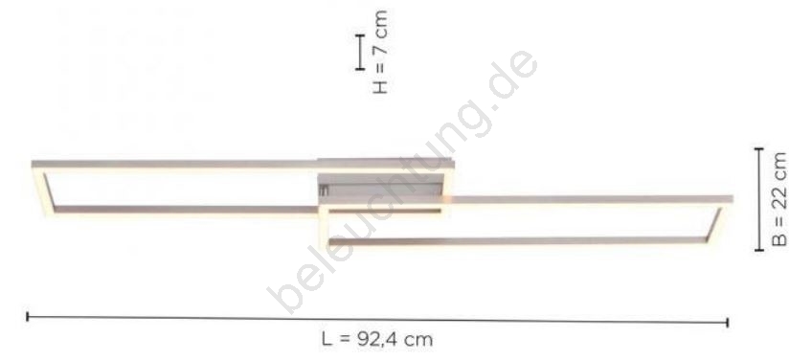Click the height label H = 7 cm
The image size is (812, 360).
(x=380, y=53)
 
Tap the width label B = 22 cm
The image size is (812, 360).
(x=779, y=199)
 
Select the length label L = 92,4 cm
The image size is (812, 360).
(x=377, y=340)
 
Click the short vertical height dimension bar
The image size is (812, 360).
(x=360, y=52)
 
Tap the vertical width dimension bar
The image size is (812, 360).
(x=759, y=199)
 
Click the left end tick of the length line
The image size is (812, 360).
(x=28, y=317)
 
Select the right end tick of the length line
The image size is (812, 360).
(x=728, y=323)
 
